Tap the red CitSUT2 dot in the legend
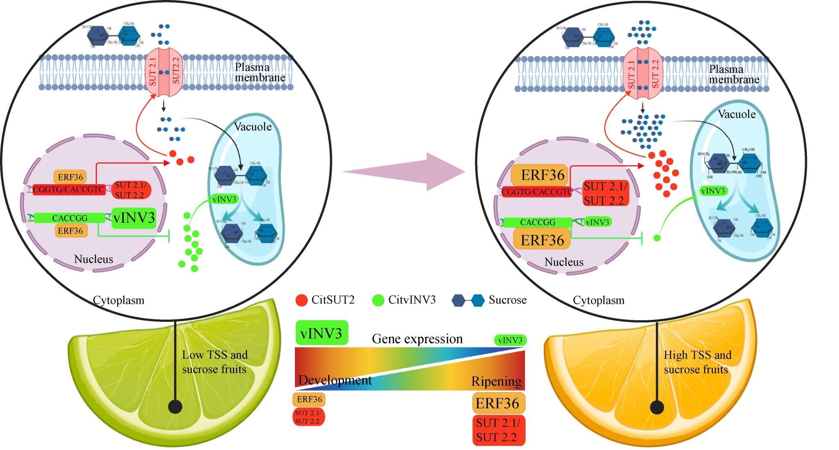(x=302, y=300)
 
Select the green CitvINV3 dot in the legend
(x=378, y=300)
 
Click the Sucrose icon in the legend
(x=468, y=301)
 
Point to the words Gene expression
(x=417, y=339)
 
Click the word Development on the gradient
(x=335, y=380)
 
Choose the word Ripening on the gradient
(x=497, y=381)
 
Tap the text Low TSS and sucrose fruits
(x=215, y=362)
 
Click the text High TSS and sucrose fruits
(x=697, y=362)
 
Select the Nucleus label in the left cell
(x=93, y=259)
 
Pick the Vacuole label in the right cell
(x=737, y=114)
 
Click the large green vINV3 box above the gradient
(x=322, y=333)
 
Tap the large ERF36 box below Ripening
(x=498, y=403)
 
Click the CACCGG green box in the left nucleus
(x=70, y=218)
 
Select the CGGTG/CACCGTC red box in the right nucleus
(x=537, y=192)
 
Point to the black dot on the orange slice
(x=657, y=407)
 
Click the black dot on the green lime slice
(x=175, y=407)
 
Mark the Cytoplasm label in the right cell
(x=599, y=301)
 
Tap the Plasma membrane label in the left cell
(x=260, y=72)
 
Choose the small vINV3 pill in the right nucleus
(x=597, y=222)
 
